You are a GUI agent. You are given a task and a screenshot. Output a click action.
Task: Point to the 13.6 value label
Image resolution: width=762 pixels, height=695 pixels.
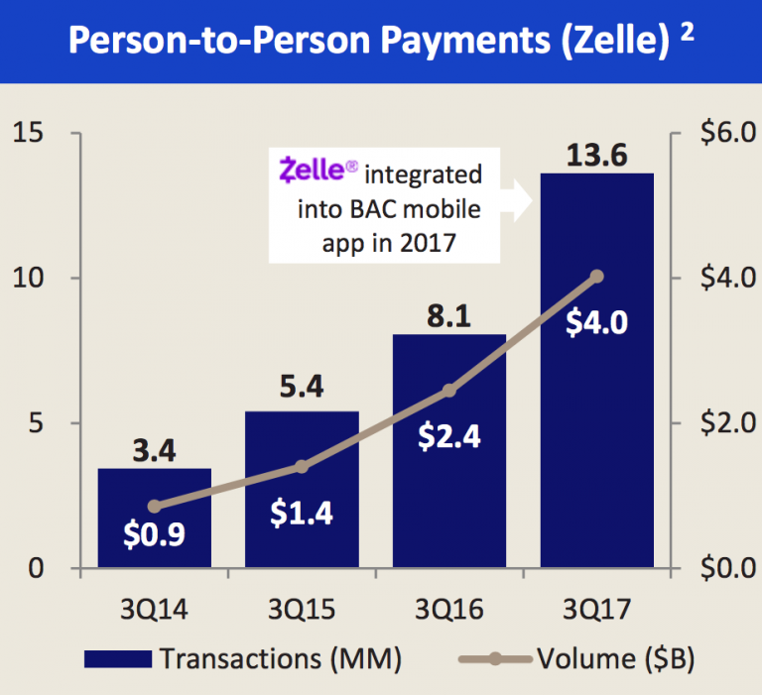pos(596,155)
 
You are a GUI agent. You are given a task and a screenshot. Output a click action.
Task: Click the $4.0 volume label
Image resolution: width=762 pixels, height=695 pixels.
pos(596,323)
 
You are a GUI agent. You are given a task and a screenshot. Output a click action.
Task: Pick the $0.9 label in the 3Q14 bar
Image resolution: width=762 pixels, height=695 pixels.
pos(154,536)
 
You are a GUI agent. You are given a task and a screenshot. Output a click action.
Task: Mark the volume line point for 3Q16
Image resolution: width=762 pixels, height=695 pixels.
pos(448,391)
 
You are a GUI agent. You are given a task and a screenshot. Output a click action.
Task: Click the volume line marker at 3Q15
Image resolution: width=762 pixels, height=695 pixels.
pos(302,467)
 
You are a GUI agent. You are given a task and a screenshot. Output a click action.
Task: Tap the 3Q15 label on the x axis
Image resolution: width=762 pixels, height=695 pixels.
pos(302,608)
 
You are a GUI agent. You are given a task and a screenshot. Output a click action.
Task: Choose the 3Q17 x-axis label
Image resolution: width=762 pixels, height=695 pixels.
pos(596,608)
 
